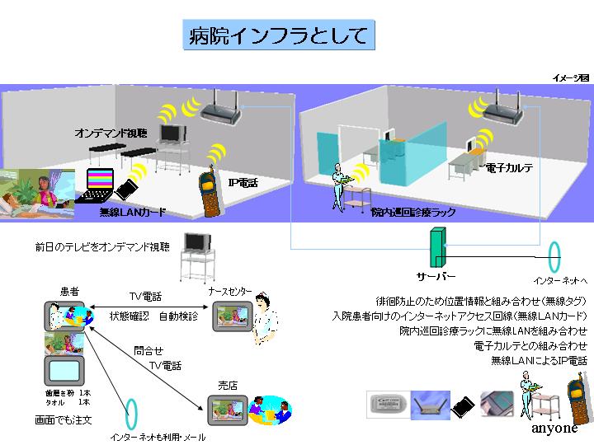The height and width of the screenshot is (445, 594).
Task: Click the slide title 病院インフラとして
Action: [278, 35]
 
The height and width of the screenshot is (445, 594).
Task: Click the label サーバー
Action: [435, 276]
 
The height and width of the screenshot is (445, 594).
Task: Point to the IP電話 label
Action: [243, 183]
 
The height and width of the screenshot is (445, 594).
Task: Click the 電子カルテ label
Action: [509, 168]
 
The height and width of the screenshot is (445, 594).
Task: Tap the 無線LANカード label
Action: [132, 213]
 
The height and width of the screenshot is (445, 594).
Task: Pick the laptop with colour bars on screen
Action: [102, 185]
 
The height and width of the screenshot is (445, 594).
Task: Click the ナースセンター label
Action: [228, 291]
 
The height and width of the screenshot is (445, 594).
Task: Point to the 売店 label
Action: [228, 385]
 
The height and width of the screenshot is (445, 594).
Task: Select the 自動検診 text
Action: [178, 316]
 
